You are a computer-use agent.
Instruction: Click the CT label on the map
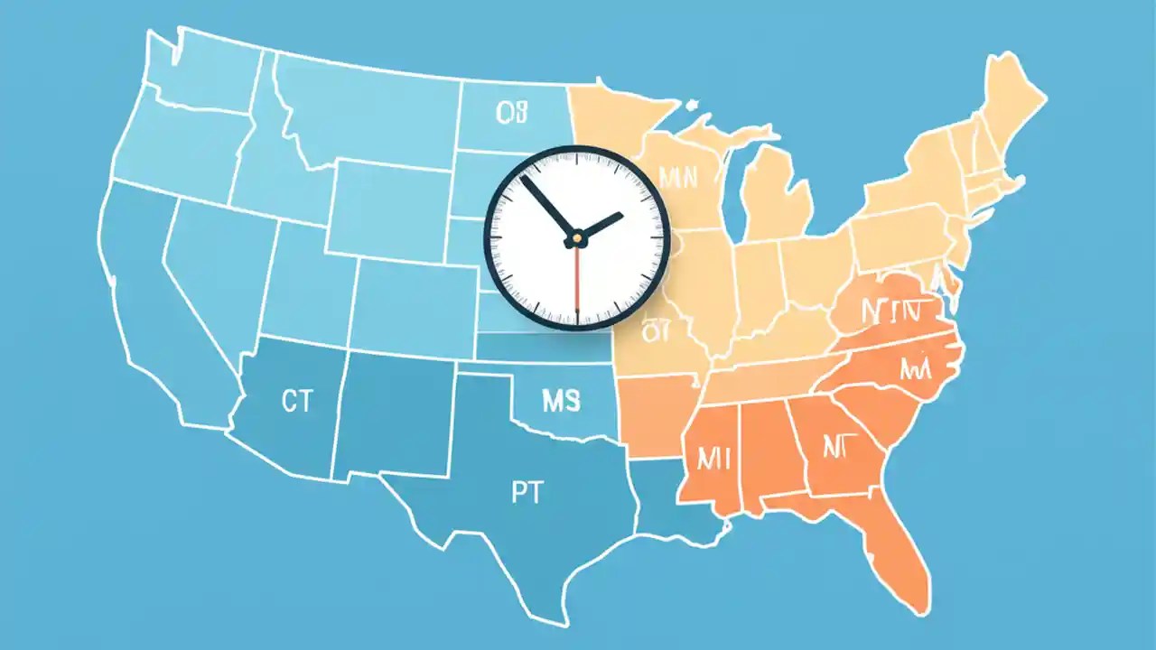point(296,402)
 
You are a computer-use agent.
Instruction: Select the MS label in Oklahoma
point(560,401)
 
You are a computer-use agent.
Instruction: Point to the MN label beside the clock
point(679,177)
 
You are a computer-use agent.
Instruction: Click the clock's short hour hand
point(600,226)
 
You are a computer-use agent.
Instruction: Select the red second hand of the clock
point(576,280)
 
